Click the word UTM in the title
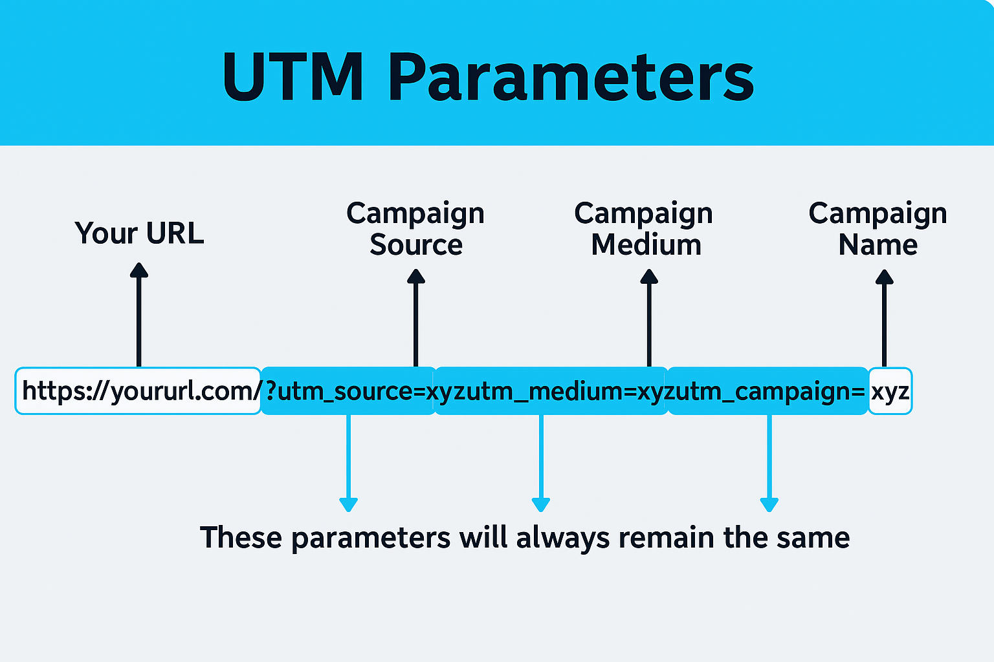coord(293,77)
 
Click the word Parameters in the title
coord(571,77)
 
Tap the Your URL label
coord(139,233)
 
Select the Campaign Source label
coord(416,229)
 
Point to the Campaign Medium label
coord(644,229)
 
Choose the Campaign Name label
coord(878,229)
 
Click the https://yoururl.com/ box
coord(138,391)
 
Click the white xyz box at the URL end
coord(890,391)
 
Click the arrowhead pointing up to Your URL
coord(139,270)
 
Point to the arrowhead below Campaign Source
coord(416,276)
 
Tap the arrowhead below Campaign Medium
coord(649,276)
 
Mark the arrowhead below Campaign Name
coord(885,277)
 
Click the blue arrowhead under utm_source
coord(348,505)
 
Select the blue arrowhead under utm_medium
coord(541,505)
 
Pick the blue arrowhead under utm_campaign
coord(769,505)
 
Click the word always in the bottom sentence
coord(563,539)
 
